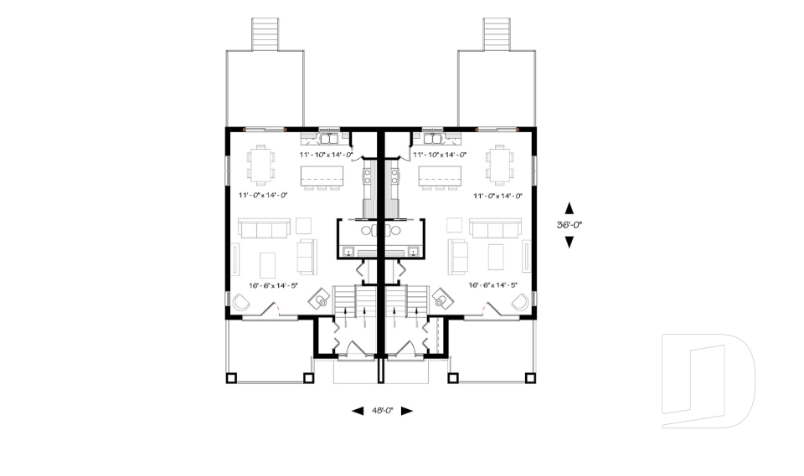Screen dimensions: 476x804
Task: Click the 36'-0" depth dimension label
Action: [569, 225]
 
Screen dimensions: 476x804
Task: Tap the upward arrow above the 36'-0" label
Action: [569, 208]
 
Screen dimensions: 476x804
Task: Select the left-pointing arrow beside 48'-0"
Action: [358, 411]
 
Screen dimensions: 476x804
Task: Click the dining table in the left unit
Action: [263, 163]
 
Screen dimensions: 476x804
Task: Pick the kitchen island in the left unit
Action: [322, 177]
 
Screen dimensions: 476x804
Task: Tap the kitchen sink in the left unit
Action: [328, 133]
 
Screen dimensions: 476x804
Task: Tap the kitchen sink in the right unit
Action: [435, 133]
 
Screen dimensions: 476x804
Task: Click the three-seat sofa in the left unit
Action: [263, 228]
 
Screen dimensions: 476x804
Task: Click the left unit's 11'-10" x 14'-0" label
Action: [324, 155]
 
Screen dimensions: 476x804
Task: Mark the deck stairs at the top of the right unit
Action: [497, 33]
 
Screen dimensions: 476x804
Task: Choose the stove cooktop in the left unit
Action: [368, 176]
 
